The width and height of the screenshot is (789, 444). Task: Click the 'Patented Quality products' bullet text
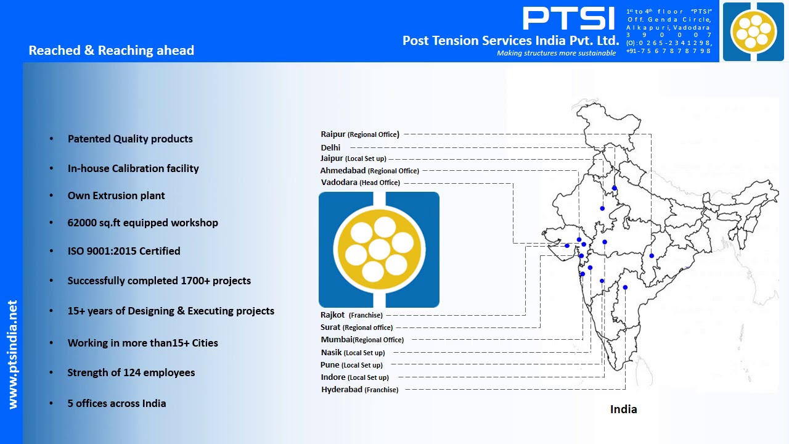[x=130, y=139]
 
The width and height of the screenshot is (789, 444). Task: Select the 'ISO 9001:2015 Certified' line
[x=124, y=251]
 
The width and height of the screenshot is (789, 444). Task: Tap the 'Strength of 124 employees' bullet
[x=131, y=372]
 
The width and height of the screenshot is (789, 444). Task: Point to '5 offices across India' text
[x=117, y=403]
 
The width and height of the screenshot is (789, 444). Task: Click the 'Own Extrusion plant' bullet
[x=116, y=195]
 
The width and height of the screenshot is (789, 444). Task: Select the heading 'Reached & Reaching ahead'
[x=111, y=51]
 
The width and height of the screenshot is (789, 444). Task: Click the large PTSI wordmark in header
[x=568, y=18]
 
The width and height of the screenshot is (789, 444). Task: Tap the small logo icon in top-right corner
[x=753, y=31]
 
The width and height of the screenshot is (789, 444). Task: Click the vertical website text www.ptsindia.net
[x=12, y=355]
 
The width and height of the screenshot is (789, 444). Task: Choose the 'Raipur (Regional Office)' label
[x=359, y=134]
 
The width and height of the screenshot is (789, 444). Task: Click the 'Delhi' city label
[x=330, y=147]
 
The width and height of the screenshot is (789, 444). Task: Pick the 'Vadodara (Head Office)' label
[x=360, y=183]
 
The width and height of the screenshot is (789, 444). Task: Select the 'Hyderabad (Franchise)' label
[x=359, y=390]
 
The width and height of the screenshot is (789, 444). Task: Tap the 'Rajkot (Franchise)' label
[x=351, y=315]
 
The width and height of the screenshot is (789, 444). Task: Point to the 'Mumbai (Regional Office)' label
[x=362, y=340]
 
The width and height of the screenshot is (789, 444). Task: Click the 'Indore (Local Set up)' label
[x=354, y=377]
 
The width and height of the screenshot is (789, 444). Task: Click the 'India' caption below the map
[x=623, y=409]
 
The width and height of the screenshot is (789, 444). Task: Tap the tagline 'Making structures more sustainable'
[x=556, y=53]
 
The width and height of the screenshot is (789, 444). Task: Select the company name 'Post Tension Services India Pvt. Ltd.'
[x=510, y=41]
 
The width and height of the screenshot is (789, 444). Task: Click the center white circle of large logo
[x=378, y=250]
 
